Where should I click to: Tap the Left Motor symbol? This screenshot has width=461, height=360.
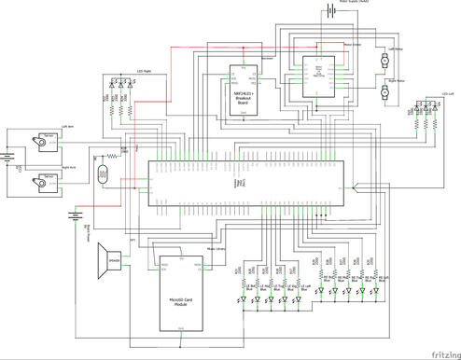tap(384, 61)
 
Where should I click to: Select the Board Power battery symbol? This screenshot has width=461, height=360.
tap(73, 217)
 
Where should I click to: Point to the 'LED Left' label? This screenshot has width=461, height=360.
tap(446, 96)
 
